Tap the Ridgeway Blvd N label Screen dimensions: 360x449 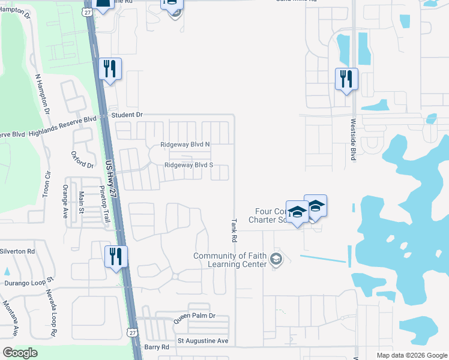[x=185, y=145]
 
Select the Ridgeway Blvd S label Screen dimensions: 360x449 [x=188, y=165]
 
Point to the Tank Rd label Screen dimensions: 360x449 [x=233, y=230]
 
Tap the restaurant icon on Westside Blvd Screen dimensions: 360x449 [x=346, y=79]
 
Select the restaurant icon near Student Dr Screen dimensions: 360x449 [x=110, y=69]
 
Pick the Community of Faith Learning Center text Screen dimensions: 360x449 [x=229, y=260]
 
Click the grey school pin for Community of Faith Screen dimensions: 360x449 [x=276, y=259]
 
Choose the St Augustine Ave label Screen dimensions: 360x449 [x=203, y=341]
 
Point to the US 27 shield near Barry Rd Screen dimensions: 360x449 [x=131, y=331]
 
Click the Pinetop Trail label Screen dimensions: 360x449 [x=106, y=204]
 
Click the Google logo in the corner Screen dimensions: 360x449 [x=20, y=353]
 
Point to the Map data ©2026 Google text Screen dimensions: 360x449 [x=412, y=355]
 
